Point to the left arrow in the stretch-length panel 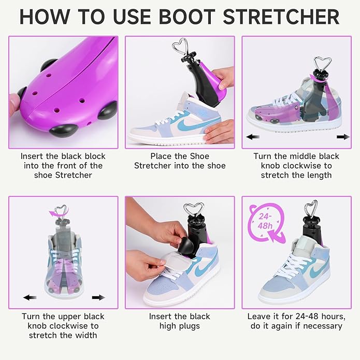[253, 137]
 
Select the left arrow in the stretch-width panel [30, 297]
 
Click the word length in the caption [316, 176]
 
